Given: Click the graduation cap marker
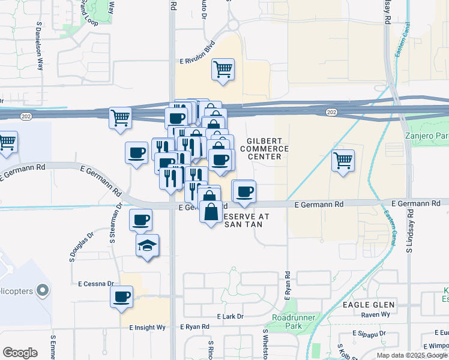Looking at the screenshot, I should point(147,245).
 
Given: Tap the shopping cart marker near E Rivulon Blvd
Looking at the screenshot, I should point(223,68).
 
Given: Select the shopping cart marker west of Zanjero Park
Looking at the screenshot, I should point(343,160).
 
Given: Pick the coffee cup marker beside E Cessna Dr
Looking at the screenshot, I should point(122,296).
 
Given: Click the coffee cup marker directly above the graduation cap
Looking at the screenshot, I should point(140,220).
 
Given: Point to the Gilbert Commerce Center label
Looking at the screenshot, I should point(264,148).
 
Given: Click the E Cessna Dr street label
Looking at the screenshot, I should point(96,283).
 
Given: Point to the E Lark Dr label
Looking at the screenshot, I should point(230,316).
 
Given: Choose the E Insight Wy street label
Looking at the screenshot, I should point(147,328).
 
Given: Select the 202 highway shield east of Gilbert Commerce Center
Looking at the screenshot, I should point(331,112).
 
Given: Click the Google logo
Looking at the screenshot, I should point(20,353).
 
